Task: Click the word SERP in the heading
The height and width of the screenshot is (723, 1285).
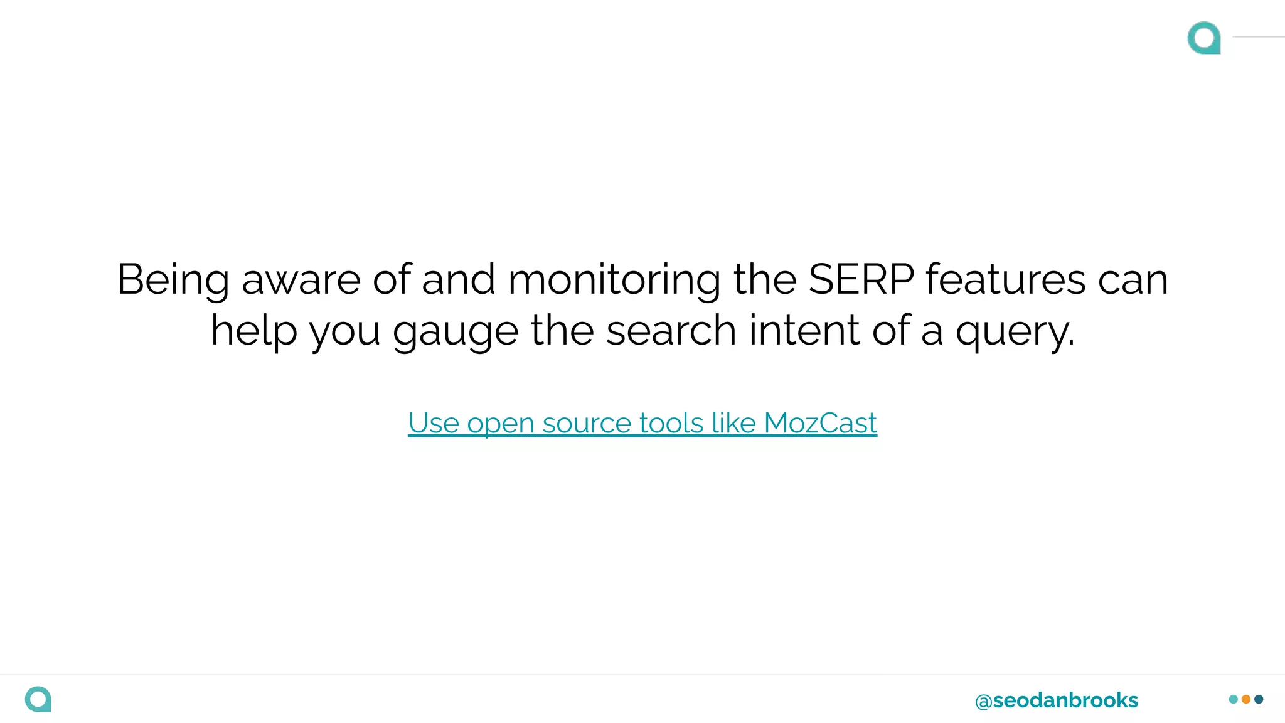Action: (x=861, y=279)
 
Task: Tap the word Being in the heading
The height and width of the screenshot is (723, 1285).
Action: (x=173, y=281)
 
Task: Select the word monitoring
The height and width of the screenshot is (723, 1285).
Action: (x=614, y=281)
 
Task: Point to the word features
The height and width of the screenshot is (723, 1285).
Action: (x=1005, y=279)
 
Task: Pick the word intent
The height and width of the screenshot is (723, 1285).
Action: (x=804, y=330)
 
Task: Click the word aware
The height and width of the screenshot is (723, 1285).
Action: (x=301, y=281)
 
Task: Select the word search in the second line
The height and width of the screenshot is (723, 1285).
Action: (x=670, y=330)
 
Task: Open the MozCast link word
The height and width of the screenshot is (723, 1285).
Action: (x=820, y=423)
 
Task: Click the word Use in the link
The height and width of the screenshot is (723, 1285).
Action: (x=434, y=423)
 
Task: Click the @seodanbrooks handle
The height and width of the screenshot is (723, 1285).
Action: (x=1056, y=700)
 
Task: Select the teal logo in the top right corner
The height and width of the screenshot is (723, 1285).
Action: (x=1204, y=38)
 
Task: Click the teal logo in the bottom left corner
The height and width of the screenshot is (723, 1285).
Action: (x=38, y=699)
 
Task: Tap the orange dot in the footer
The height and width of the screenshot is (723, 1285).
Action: (x=1246, y=699)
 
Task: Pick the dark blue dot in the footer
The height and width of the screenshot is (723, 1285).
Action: (x=1259, y=699)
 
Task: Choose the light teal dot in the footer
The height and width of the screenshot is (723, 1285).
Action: (x=1234, y=699)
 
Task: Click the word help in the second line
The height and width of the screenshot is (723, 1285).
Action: (x=253, y=330)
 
